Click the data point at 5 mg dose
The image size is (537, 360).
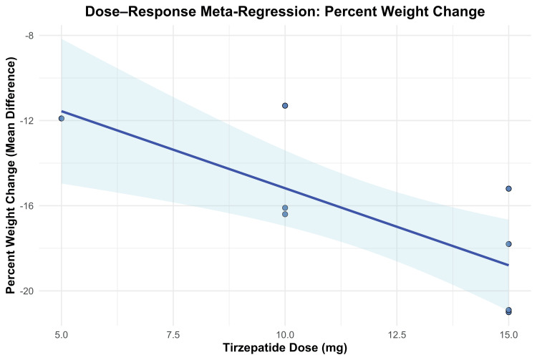point(62,118)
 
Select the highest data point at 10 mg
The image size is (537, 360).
point(285,105)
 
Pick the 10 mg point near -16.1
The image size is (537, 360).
point(285,208)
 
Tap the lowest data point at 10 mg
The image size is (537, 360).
point(285,214)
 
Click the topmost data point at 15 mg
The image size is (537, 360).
point(508,189)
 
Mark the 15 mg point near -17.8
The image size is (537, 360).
point(508,244)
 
